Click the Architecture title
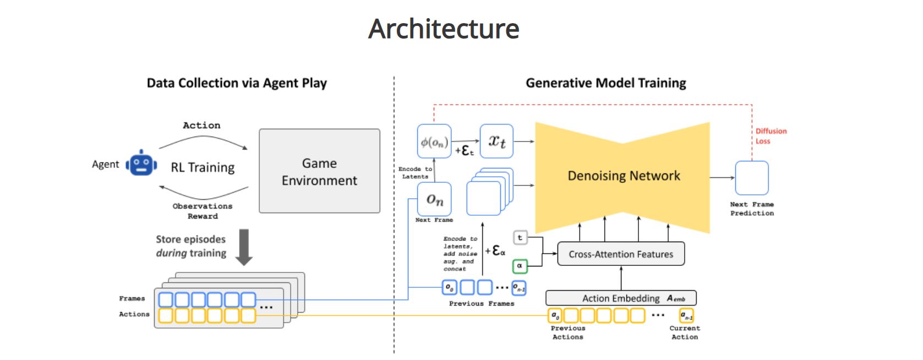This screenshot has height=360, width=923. pyautogui.click(x=444, y=29)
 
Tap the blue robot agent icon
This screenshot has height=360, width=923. pyautogui.click(x=141, y=163)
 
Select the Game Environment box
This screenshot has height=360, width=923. pyautogui.click(x=319, y=171)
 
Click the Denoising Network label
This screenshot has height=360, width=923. pyautogui.click(x=624, y=176)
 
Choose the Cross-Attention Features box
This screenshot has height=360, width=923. pyautogui.click(x=621, y=254)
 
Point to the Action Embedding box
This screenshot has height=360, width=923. pyautogui.click(x=621, y=298)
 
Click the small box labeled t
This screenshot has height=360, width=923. pyautogui.click(x=520, y=238)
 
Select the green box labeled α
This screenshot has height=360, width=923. pyautogui.click(x=520, y=266)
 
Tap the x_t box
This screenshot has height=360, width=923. pyautogui.click(x=496, y=141)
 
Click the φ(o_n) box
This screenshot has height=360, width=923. pyautogui.click(x=434, y=142)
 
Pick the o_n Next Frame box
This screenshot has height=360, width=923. pyautogui.click(x=434, y=199)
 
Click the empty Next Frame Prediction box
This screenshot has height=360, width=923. pyautogui.click(x=752, y=178)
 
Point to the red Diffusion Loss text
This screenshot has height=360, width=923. pyautogui.click(x=771, y=136)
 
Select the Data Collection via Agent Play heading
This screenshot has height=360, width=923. pyautogui.click(x=237, y=83)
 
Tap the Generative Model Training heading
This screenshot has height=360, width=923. pyautogui.click(x=606, y=83)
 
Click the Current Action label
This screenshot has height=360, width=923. pyautogui.click(x=685, y=332)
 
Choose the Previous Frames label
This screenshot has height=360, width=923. pyautogui.click(x=482, y=303)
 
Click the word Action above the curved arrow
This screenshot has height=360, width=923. pyautogui.click(x=201, y=126)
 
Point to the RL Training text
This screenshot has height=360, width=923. pyautogui.click(x=203, y=167)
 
